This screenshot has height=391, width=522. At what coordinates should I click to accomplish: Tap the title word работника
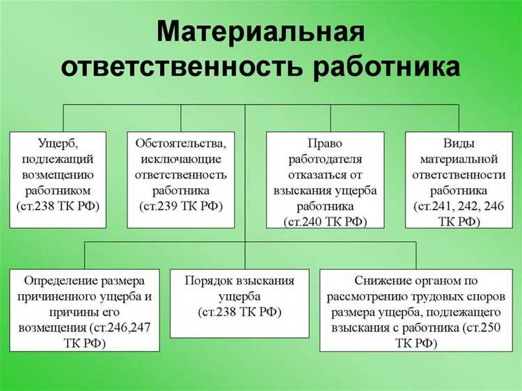pos(386,68)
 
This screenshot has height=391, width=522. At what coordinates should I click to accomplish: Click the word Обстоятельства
pos(180,144)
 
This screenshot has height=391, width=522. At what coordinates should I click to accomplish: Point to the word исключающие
pos(180,159)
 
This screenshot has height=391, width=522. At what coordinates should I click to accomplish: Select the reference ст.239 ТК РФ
pos(180,206)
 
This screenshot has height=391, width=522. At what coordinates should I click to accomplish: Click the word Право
pos(325,144)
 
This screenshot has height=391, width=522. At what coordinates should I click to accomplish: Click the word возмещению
pos(58,175)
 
